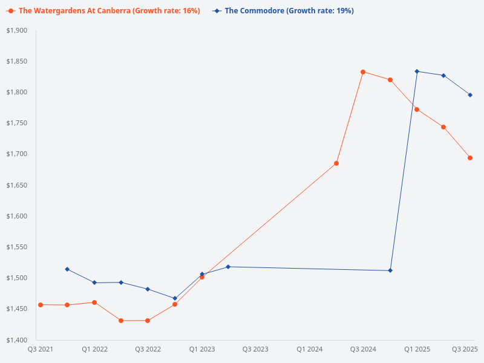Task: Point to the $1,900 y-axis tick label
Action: (18, 30)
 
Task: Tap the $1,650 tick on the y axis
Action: (18, 185)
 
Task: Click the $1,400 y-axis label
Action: (18, 340)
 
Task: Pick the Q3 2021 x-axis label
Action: (41, 349)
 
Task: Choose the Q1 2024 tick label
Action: (309, 349)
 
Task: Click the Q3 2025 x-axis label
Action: (465, 349)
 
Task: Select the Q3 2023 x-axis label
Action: (255, 349)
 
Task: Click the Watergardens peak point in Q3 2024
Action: (363, 72)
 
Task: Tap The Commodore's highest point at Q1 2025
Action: (417, 71)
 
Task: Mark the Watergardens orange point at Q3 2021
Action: (41, 305)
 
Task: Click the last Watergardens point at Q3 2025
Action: (470, 158)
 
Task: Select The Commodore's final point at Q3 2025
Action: (470, 95)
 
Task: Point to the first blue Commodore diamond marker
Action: (67, 269)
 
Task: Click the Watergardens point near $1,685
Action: (336, 163)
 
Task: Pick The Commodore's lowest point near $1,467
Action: (175, 298)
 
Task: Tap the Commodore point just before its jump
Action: (390, 270)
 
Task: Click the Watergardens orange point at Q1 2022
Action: (94, 302)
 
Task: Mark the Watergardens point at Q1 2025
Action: (417, 110)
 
